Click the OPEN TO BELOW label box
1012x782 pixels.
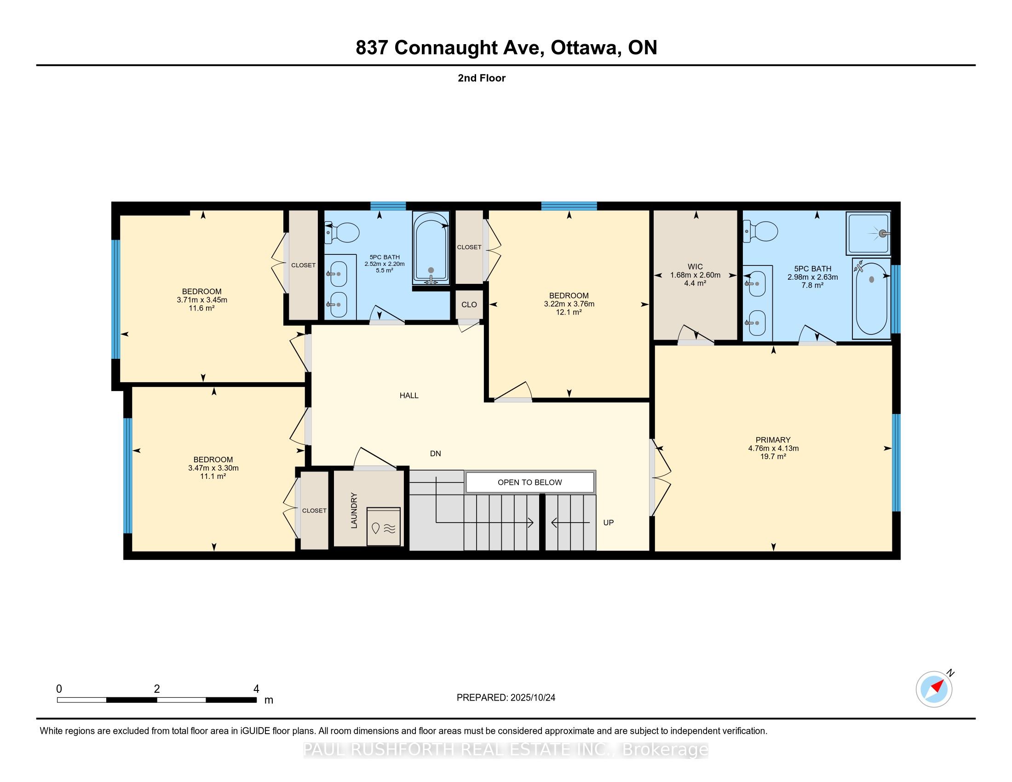[529, 482]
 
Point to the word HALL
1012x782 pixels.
[408, 395]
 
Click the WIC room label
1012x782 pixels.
[695, 267]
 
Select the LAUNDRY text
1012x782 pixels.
[355, 511]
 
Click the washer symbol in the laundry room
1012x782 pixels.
[383, 527]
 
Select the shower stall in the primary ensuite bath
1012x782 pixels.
[868, 234]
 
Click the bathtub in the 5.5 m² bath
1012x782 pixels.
[431, 249]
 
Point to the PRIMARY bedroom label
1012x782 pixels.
[773, 440]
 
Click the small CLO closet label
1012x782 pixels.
[469, 305]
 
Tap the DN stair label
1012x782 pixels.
[435, 454]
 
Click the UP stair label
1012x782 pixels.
[608, 523]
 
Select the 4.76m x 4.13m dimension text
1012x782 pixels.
[773, 448]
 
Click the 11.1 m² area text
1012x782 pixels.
[213, 476]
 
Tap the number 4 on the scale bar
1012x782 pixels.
[256, 689]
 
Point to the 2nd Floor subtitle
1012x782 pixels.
[482, 78]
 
